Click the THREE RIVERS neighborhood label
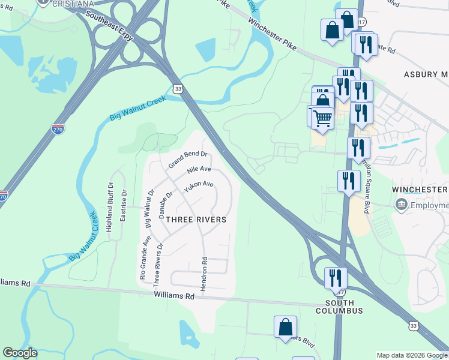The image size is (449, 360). point(196,220)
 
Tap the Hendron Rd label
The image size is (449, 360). point(204,275)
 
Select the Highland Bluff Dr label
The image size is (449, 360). point(109,208)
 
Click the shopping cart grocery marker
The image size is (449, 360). point(322,118)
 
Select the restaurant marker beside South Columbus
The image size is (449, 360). point(335,278)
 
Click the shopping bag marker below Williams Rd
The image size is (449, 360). point(286,327)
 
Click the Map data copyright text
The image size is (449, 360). point(412,355)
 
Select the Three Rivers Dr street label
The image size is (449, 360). point(158,264)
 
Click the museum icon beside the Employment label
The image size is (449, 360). point(400,205)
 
